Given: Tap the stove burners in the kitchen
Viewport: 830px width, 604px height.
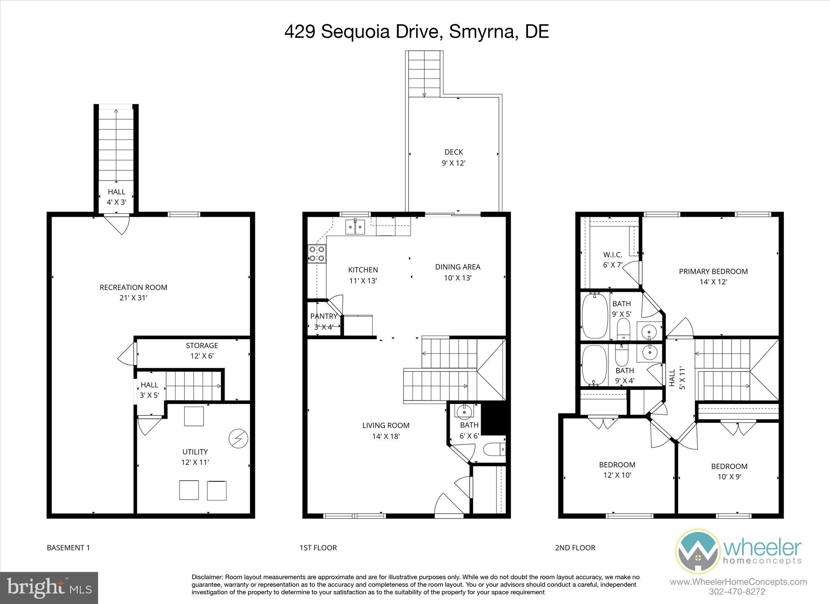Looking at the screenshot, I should point(317,254).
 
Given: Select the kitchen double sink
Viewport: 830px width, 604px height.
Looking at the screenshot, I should point(355,227).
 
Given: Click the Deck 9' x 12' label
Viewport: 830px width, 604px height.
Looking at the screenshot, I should point(454,157).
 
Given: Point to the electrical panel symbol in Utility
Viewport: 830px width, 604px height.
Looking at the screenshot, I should point(238,438).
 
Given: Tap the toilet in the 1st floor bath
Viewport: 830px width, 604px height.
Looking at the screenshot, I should point(494,449).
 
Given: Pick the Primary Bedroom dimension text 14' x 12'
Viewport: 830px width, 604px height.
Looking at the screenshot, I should point(713,282).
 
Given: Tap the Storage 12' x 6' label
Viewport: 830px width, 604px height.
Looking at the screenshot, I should point(202,350).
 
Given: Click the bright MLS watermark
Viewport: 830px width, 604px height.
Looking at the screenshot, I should point(49,588).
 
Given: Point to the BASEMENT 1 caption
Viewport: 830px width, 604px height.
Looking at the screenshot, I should point(68,548).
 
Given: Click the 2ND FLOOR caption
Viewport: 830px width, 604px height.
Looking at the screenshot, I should point(575,548).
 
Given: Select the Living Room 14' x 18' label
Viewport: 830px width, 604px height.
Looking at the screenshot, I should point(386,430).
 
